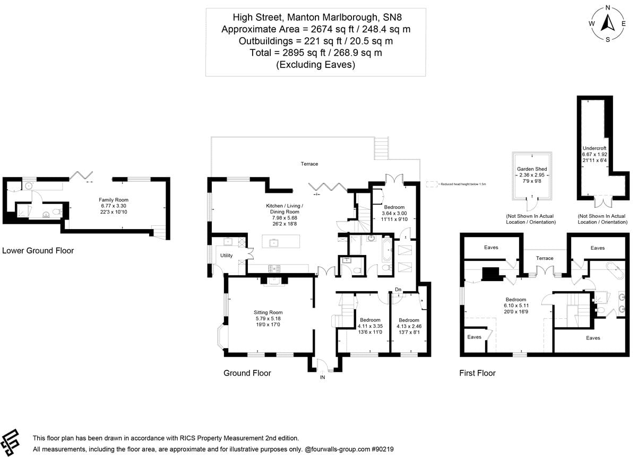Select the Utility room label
tap(227, 256)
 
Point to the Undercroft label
tap(595, 148)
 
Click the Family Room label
tap(111, 199)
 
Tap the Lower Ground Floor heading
tap(38, 250)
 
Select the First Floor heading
tap(477, 373)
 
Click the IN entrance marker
tap(322, 377)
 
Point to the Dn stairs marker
tap(398, 290)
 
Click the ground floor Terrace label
tap(309, 164)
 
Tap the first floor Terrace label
tap(544, 258)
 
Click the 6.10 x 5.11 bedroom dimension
tap(515, 306)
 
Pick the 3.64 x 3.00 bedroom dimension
tap(393, 213)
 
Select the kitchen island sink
tap(274, 243)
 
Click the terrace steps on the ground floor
tap(382, 148)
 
